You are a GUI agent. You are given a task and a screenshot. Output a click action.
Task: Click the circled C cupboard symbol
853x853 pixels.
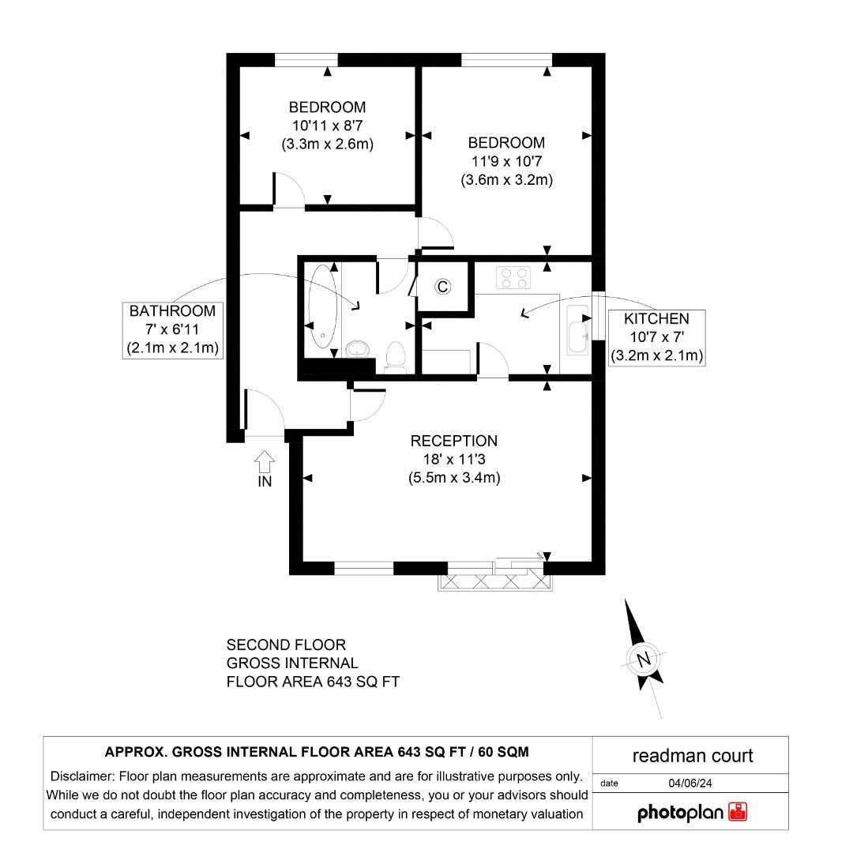pyautogui.click(x=443, y=287)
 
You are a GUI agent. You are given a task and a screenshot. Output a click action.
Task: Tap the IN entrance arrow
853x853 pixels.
pyautogui.click(x=265, y=460)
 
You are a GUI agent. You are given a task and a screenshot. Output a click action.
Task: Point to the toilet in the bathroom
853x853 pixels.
pyautogui.click(x=394, y=357)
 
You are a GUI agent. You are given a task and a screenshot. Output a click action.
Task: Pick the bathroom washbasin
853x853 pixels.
pyautogui.click(x=360, y=348)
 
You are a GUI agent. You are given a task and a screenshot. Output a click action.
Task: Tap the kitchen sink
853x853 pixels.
pyautogui.click(x=577, y=330)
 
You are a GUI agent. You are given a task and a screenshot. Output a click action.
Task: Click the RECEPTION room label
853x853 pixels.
pyautogui.click(x=453, y=441)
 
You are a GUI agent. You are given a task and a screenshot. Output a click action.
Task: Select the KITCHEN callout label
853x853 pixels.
pyautogui.click(x=656, y=319)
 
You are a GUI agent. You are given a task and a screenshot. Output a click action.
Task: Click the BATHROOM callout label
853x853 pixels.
pyautogui.click(x=172, y=311)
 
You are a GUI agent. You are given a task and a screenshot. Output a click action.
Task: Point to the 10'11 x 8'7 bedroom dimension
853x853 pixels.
pyautogui.click(x=327, y=126)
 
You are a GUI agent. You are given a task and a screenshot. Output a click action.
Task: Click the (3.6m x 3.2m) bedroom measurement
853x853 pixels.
pyautogui.click(x=506, y=179)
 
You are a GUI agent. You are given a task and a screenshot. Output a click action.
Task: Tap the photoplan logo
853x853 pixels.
pyautogui.click(x=692, y=811)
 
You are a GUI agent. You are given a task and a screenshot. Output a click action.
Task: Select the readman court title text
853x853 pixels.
pyautogui.click(x=693, y=756)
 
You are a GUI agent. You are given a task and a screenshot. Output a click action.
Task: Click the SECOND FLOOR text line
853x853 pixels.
pyautogui.click(x=286, y=645)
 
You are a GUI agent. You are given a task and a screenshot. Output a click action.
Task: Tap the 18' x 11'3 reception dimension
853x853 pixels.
pyautogui.click(x=453, y=459)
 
